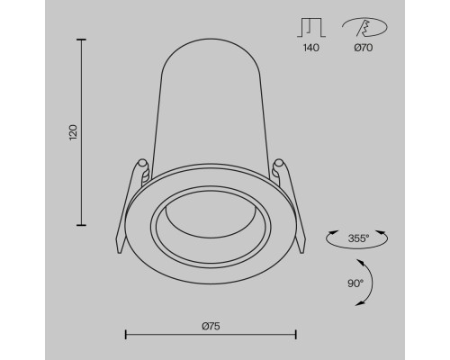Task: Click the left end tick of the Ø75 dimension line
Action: pos(123,334)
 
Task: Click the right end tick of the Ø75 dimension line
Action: pos(296,334)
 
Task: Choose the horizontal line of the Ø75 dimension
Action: pos(210,334)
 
